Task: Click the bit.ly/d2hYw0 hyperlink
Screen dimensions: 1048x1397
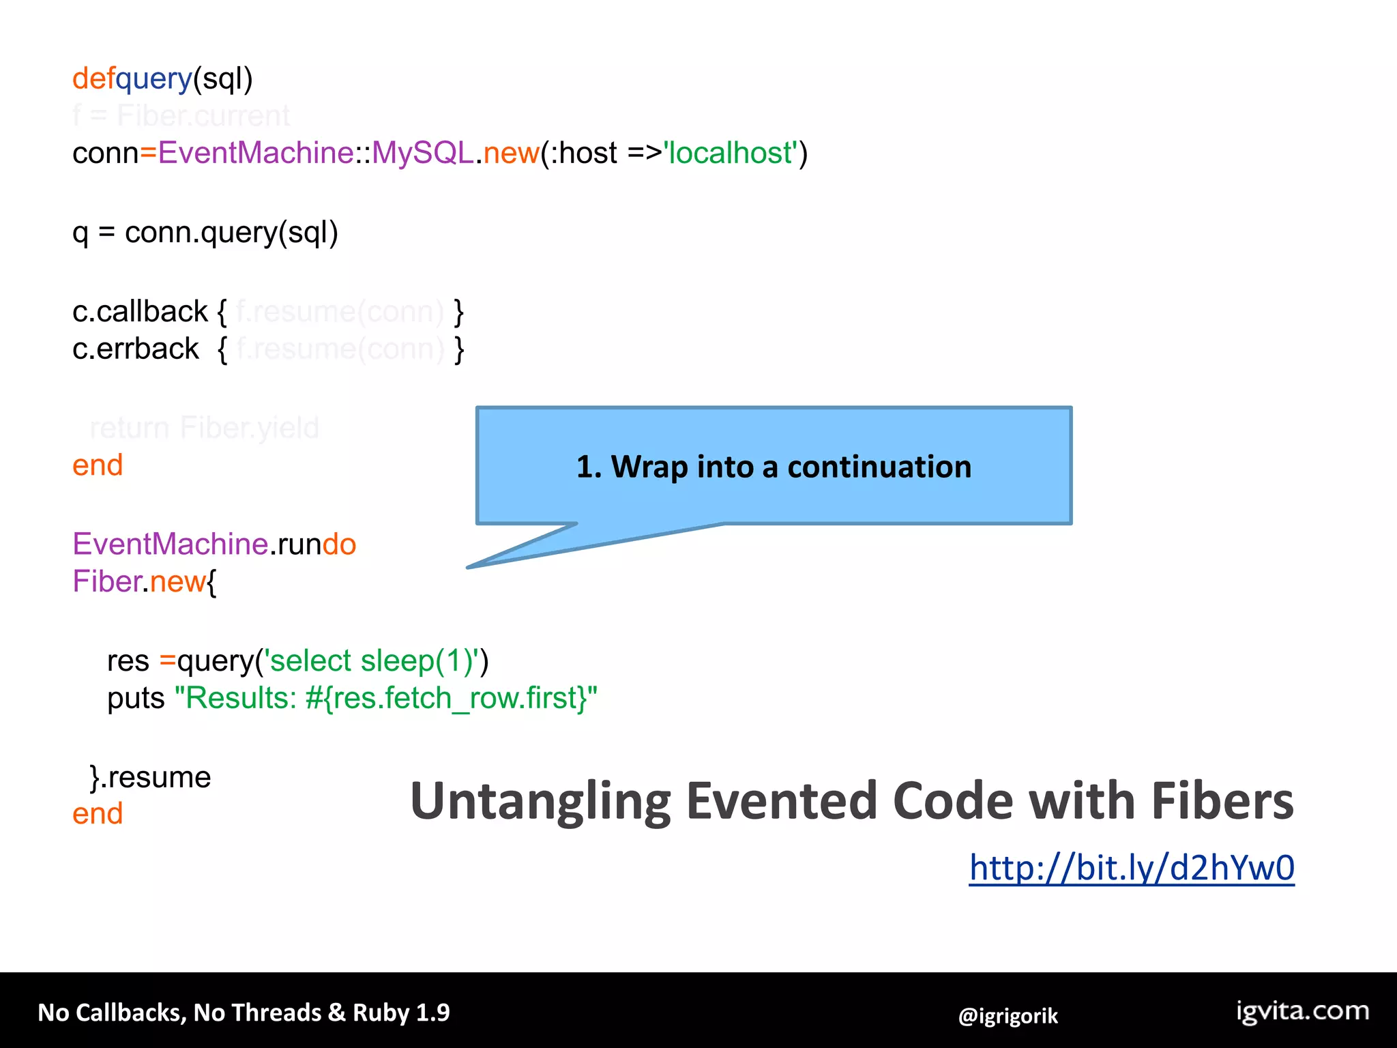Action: (1131, 868)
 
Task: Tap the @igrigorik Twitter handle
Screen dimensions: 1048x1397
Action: (1008, 1016)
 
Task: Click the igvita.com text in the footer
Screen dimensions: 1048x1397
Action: (1302, 1011)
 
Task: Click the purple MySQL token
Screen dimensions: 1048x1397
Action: (422, 153)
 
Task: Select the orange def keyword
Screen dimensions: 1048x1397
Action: (93, 78)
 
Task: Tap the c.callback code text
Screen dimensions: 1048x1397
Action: (140, 312)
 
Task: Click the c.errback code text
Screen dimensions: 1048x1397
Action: (136, 349)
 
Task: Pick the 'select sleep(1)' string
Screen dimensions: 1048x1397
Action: (375, 660)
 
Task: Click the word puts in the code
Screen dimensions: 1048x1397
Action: (136, 699)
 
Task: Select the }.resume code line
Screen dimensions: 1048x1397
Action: (151, 777)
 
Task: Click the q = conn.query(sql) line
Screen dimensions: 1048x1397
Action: (205, 233)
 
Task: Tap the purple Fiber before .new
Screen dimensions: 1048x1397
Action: (106, 582)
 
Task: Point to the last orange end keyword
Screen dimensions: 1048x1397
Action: (98, 814)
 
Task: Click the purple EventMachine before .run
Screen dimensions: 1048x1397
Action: (170, 544)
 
